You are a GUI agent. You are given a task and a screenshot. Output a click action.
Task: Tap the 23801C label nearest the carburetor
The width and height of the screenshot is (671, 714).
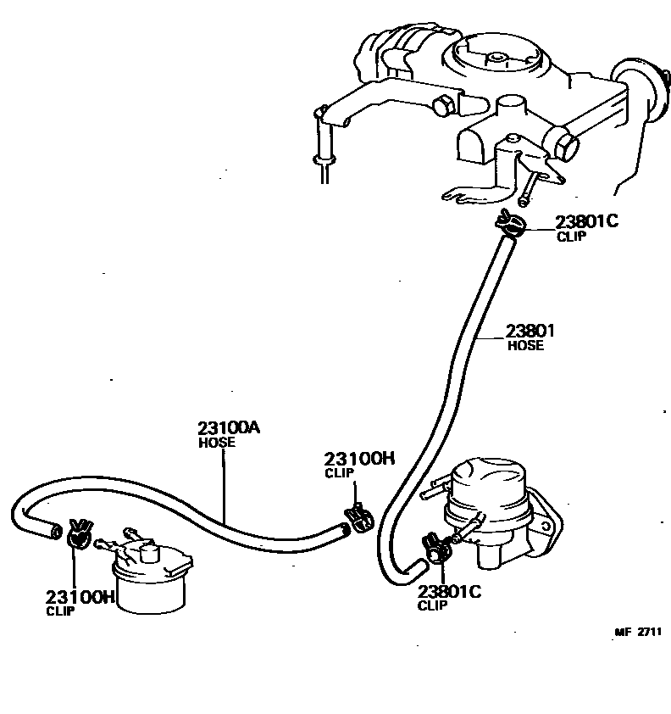586,222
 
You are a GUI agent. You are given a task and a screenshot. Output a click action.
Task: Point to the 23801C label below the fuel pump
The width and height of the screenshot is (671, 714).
448,592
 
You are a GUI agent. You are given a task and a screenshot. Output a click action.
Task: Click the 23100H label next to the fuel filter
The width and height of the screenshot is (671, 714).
80,597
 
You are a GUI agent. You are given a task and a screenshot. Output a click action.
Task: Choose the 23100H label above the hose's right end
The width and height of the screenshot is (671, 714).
360,459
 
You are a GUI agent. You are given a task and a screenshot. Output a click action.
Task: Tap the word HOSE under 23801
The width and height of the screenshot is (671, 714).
524,346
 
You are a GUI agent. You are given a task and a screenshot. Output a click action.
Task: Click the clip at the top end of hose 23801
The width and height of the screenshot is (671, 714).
510,223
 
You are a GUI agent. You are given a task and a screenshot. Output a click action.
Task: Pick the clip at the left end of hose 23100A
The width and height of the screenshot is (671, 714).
80,534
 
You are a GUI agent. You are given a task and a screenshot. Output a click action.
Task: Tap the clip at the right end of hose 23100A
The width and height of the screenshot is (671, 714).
359,516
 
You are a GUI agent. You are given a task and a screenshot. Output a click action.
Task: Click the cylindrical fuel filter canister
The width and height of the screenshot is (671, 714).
151,586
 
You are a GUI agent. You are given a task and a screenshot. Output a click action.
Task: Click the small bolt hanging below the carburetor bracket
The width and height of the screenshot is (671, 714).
529,189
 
